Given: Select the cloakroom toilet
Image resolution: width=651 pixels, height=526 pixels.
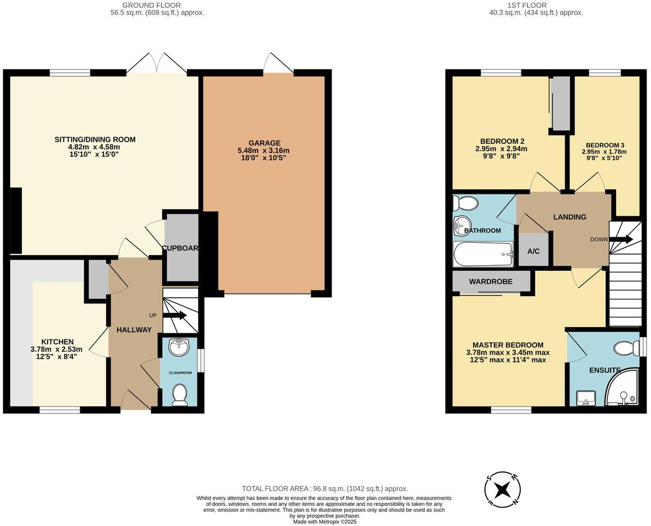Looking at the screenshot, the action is pos(180,394).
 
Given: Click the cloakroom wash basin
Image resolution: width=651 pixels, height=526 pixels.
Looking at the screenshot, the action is pos(179,347).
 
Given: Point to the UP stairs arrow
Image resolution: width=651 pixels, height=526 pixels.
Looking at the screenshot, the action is pos(175,315).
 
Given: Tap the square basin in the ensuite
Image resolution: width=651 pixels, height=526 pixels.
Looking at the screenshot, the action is pos(586,398).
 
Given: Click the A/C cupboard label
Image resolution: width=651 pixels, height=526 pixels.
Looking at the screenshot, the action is pos(534,251).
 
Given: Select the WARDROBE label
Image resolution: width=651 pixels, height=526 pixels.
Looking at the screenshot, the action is pos(490,282).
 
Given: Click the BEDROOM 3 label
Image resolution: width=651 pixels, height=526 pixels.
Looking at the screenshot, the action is pos(604,145).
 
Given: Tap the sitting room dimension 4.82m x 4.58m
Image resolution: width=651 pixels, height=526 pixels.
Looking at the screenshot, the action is pos(95,147).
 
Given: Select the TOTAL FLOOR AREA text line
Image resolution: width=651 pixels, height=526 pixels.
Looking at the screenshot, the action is pos(325,489).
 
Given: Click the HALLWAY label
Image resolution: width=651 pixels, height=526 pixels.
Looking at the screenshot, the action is pos(134,330).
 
